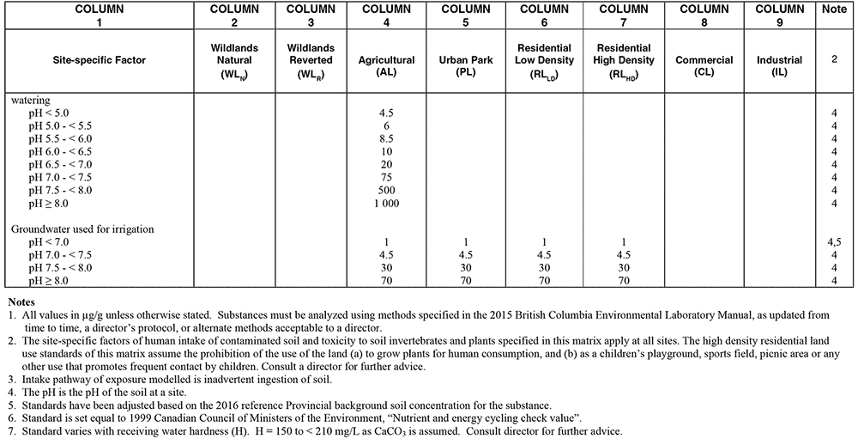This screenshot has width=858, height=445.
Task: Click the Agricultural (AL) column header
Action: tap(386, 66)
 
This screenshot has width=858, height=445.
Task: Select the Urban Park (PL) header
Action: tap(466, 66)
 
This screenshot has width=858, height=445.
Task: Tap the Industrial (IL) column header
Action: tap(779, 66)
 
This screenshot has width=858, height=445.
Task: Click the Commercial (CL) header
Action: tap(704, 66)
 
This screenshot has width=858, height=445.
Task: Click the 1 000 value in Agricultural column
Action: tap(386, 204)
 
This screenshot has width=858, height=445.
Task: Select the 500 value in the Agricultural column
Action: tap(386, 191)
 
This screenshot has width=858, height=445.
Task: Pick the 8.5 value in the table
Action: tap(386, 137)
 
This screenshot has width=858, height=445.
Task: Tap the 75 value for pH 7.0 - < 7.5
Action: tap(386, 177)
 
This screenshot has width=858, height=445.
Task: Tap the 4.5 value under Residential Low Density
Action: tap(544, 256)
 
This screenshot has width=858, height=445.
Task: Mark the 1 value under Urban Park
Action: tap(466, 243)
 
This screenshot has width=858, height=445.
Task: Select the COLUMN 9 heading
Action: tap(779, 15)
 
